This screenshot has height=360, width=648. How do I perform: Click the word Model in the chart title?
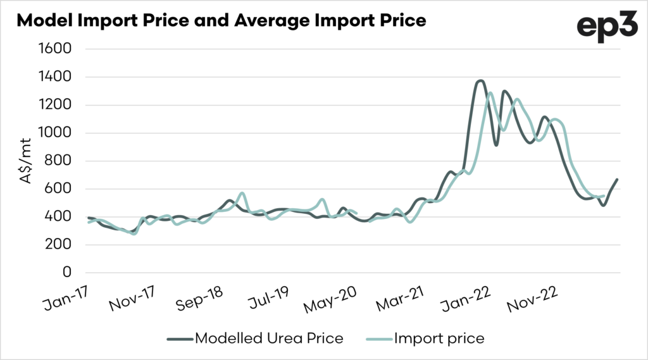tap(41, 21)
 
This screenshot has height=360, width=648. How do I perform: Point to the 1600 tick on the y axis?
tap(56, 49)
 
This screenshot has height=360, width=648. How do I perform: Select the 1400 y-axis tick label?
tap(56, 77)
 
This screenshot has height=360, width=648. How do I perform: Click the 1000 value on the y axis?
tap(56, 133)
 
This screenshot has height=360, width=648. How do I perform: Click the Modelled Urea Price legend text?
tap(269, 338)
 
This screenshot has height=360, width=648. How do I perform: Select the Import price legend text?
tap(439, 338)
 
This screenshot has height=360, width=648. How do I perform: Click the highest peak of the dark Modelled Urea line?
tap(480, 80)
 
